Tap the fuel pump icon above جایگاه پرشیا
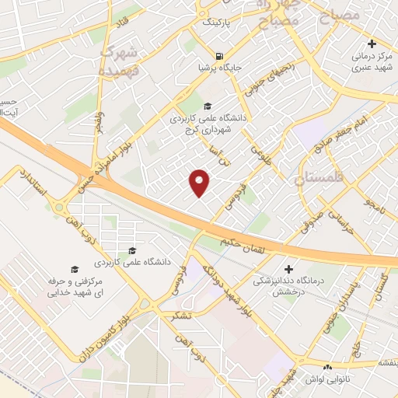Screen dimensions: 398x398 pos(222,56)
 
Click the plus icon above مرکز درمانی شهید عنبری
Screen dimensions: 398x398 pos(372,44)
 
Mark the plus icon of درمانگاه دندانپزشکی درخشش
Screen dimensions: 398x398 pos(290,268)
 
